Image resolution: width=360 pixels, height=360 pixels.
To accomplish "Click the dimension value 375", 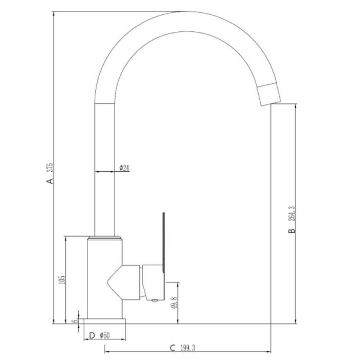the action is pos(50,168).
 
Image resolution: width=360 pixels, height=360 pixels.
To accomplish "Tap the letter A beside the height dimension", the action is pos(50,181).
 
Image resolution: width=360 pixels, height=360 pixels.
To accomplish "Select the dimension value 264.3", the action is pos(292,213).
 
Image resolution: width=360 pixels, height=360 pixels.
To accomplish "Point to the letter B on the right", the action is pos(292,230).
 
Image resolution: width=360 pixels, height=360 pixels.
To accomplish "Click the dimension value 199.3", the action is pos(188,348).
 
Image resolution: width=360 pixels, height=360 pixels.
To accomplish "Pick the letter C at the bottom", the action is pos(172,348).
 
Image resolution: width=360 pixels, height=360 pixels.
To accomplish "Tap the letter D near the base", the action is pos(92,336).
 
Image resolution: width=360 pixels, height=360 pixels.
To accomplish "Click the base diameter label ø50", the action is pos(105,336).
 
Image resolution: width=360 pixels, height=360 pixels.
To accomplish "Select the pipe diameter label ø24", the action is pos(124,168).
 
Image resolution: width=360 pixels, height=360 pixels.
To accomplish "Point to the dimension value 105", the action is pos(62,280).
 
